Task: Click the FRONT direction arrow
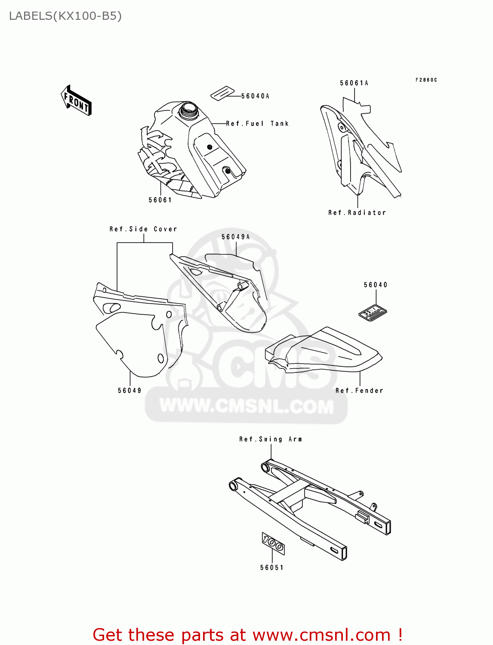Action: tap(76, 101)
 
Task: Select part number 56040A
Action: tap(255, 96)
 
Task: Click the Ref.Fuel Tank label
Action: tap(257, 124)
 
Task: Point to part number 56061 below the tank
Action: tap(160, 200)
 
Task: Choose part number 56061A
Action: tap(354, 83)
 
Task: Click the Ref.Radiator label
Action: tap(357, 213)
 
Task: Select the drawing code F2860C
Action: tap(426, 80)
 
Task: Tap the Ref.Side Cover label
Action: tap(143, 229)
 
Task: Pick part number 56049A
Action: tap(235, 237)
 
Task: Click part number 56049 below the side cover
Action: tap(129, 390)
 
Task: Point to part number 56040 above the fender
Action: tap(376, 285)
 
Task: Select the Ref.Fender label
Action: tap(359, 390)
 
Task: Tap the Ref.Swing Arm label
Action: tap(271, 439)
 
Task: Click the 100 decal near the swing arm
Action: tap(273, 544)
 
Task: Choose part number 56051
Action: tap(272, 568)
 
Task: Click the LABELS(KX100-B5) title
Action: tap(65, 16)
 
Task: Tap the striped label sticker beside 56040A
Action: tap(222, 93)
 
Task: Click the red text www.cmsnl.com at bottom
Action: tap(321, 635)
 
